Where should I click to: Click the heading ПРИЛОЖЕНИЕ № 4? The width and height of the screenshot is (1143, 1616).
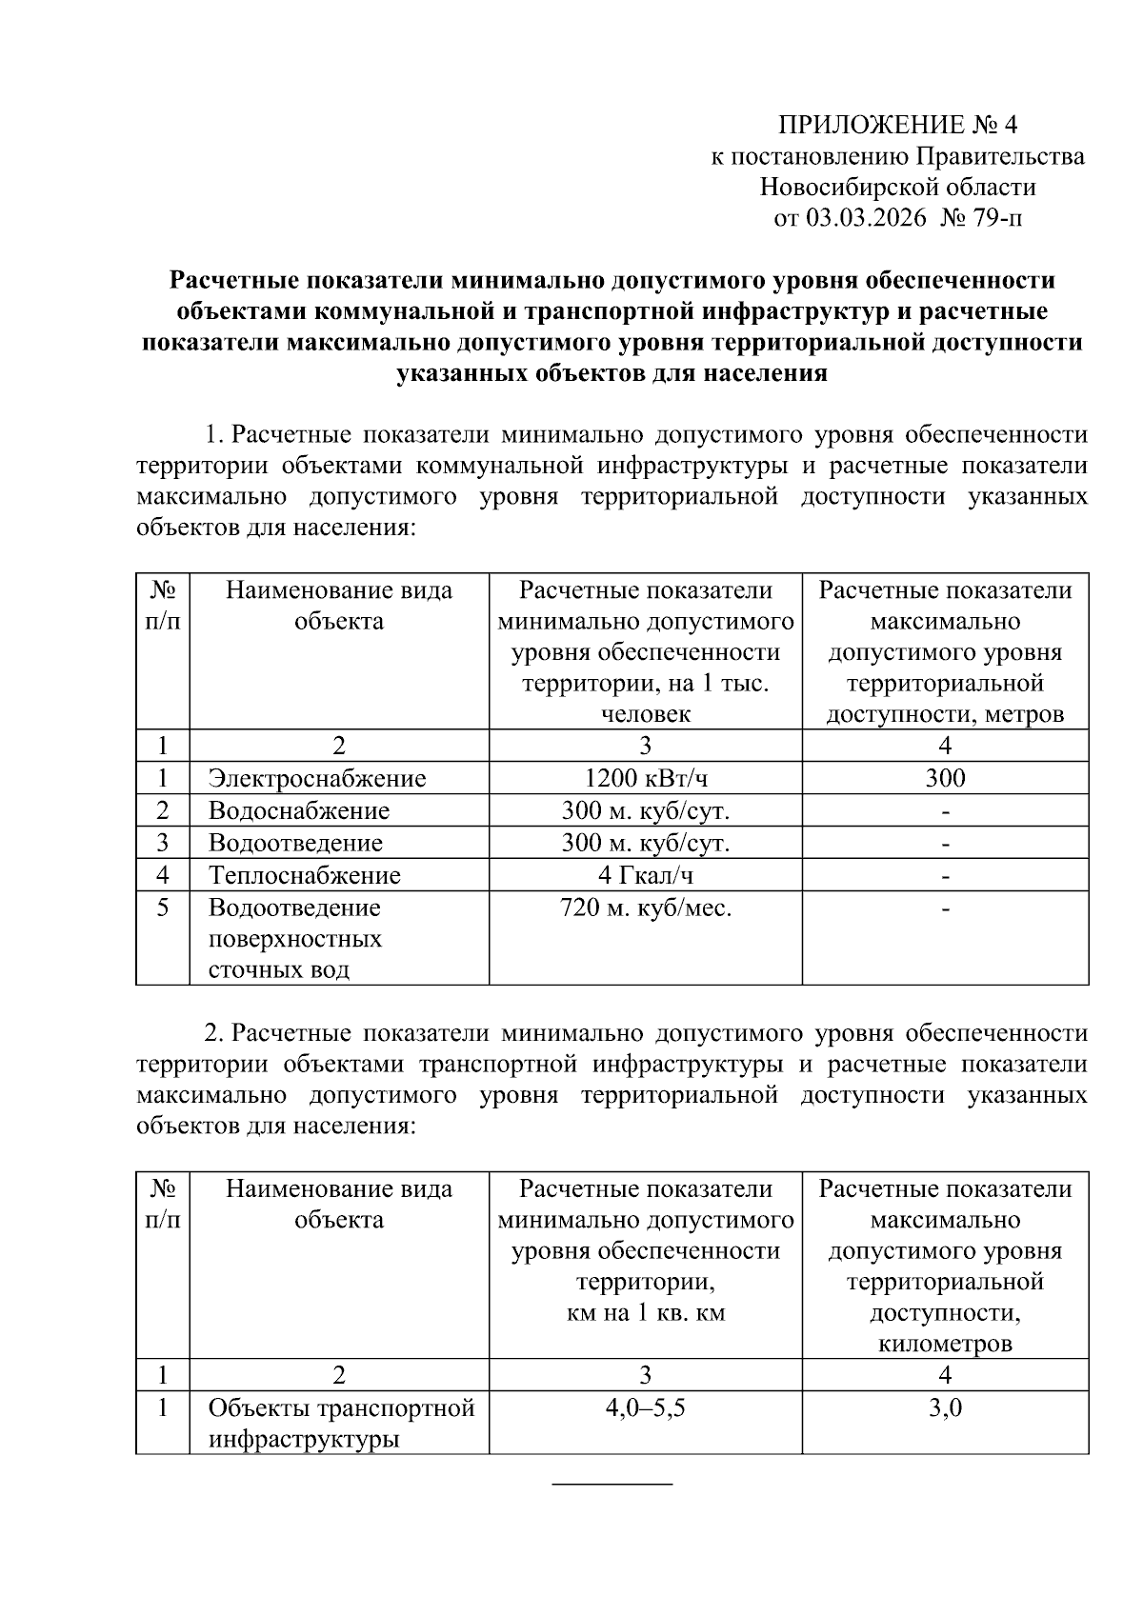click(898, 125)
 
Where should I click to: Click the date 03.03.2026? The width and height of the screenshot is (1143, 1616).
click(866, 218)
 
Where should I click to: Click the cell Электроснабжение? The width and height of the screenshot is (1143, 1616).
click(317, 779)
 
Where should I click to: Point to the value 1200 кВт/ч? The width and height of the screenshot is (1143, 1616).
click(645, 779)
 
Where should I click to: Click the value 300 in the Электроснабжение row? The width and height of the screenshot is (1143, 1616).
click(944, 779)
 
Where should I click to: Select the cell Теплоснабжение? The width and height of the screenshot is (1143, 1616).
click(304, 875)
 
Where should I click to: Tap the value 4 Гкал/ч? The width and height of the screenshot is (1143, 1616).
click(645, 875)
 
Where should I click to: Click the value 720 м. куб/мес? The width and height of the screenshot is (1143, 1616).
click(645, 908)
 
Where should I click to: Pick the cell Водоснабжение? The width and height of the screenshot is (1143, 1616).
click(298, 811)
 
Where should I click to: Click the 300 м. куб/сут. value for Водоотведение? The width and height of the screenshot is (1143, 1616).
click(645, 844)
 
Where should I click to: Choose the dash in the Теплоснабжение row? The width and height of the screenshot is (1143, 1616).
click(945, 875)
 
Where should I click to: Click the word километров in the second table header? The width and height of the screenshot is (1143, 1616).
click(944, 1344)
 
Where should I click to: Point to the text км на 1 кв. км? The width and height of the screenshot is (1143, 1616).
click(645, 1313)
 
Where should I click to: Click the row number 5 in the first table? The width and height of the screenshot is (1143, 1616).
click(163, 908)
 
